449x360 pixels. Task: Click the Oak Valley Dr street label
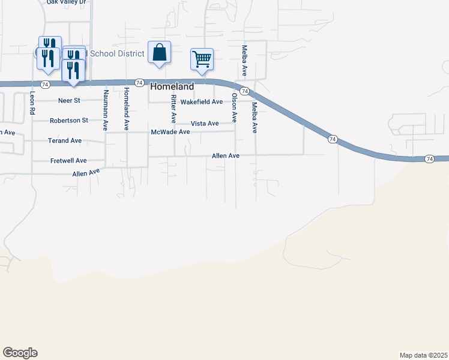coord(67,2)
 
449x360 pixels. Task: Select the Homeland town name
coord(172,86)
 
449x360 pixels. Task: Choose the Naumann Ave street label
coord(105,110)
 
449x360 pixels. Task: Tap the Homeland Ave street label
coord(126,109)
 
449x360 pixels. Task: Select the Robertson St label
coord(68,120)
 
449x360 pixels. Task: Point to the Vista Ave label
coord(205,123)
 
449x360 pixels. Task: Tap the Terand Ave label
coord(65,141)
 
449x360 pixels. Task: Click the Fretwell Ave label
coord(68,161)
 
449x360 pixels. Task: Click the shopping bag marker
coord(159,52)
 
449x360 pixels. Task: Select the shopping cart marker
coord(202,59)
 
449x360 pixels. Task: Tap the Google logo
coord(20,353)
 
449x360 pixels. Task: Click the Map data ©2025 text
coord(423,355)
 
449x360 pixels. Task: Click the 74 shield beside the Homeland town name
coord(139,82)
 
